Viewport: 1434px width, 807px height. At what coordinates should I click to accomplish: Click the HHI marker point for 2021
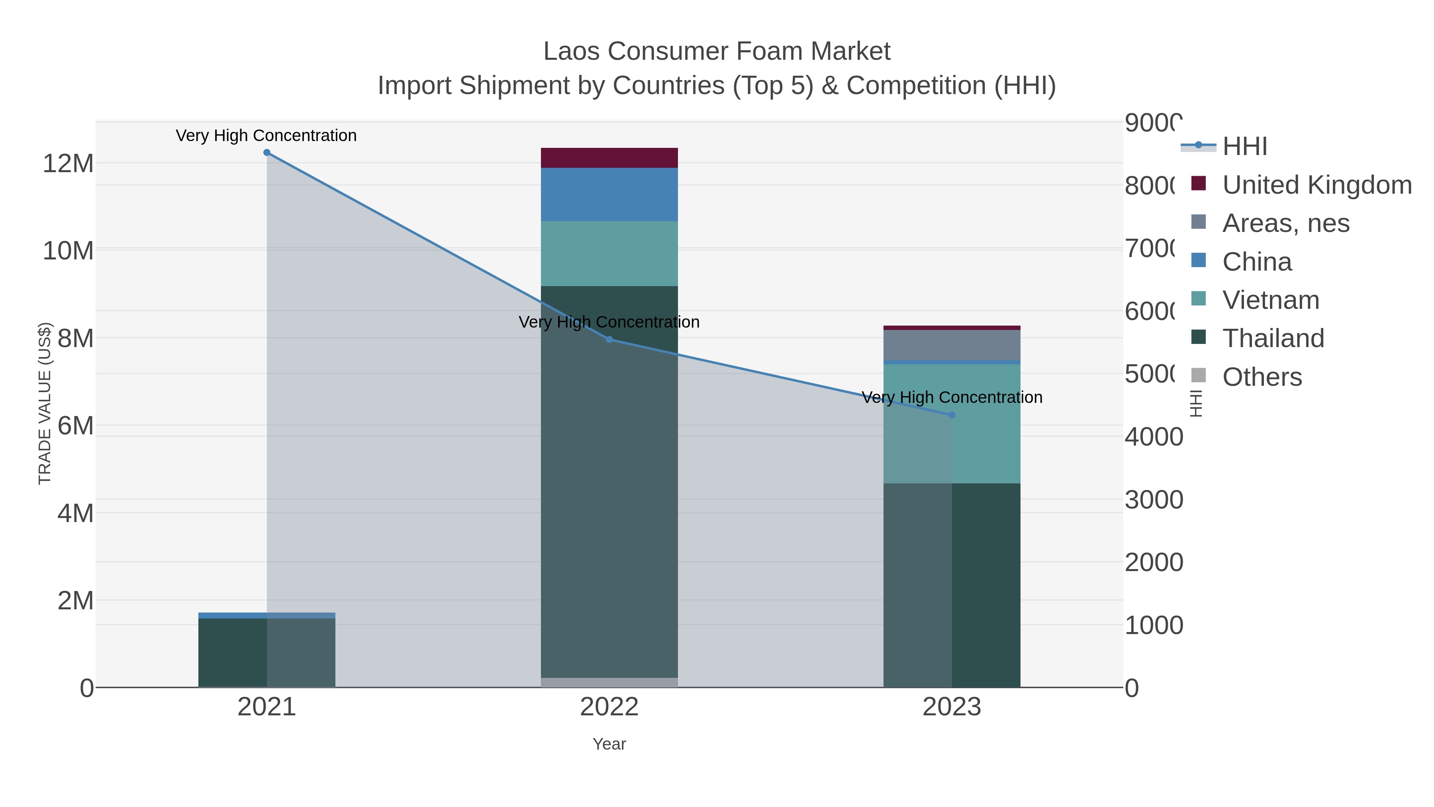266,153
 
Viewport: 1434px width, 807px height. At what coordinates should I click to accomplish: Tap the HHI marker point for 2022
609,340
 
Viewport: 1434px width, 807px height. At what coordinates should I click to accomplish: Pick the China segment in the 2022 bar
609,194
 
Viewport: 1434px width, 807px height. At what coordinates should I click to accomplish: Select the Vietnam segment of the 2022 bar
609,253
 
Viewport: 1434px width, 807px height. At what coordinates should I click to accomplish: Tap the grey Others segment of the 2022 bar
609,682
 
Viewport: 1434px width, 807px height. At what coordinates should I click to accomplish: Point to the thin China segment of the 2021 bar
266,615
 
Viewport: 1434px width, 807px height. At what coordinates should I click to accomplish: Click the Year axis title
609,744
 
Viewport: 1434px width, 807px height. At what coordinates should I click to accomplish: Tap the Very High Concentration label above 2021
266,135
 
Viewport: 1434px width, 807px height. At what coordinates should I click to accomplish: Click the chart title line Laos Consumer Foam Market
717,51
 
